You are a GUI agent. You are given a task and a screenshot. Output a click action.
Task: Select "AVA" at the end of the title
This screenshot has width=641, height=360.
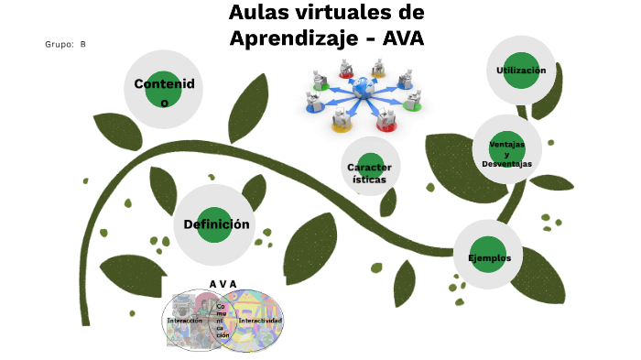click(x=404, y=39)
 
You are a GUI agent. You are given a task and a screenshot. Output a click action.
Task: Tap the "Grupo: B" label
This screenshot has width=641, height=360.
click(x=65, y=44)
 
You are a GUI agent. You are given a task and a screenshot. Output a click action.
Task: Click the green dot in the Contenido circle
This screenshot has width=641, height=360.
click(x=164, y=89)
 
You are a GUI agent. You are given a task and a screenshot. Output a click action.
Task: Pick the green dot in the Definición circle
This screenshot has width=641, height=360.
click(x=215, y=224)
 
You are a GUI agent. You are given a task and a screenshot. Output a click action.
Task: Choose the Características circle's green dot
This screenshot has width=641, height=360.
click(x=370, y=170)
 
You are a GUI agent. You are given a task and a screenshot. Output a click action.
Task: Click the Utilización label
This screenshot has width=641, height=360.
click(x=521, y=71)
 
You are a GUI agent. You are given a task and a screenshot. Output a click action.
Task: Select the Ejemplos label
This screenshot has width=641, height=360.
click(x=489, y=257)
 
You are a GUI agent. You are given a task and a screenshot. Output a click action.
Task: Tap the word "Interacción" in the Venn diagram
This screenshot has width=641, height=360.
click(x=185, y=321)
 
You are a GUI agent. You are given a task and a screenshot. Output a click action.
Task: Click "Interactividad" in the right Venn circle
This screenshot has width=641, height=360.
click(x=260, y=321)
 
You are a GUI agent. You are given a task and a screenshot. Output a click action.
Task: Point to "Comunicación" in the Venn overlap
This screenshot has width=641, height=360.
click(x=223, y=321)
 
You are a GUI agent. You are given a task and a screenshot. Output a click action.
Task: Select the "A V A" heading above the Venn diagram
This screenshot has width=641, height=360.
click(x=223, y=283)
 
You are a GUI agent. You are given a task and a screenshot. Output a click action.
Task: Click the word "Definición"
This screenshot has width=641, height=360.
click(x=216, y=224)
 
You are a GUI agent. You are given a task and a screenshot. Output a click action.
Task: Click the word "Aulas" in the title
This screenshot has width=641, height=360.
click(x=259, y=14)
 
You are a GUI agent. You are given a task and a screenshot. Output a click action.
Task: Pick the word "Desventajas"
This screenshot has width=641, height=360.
click(x=506, y=163)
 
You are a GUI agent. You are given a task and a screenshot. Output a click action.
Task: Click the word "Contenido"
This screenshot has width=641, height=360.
click(x=164, y=84)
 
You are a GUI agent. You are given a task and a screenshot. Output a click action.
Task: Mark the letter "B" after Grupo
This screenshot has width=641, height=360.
click(x=82, y=44)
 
